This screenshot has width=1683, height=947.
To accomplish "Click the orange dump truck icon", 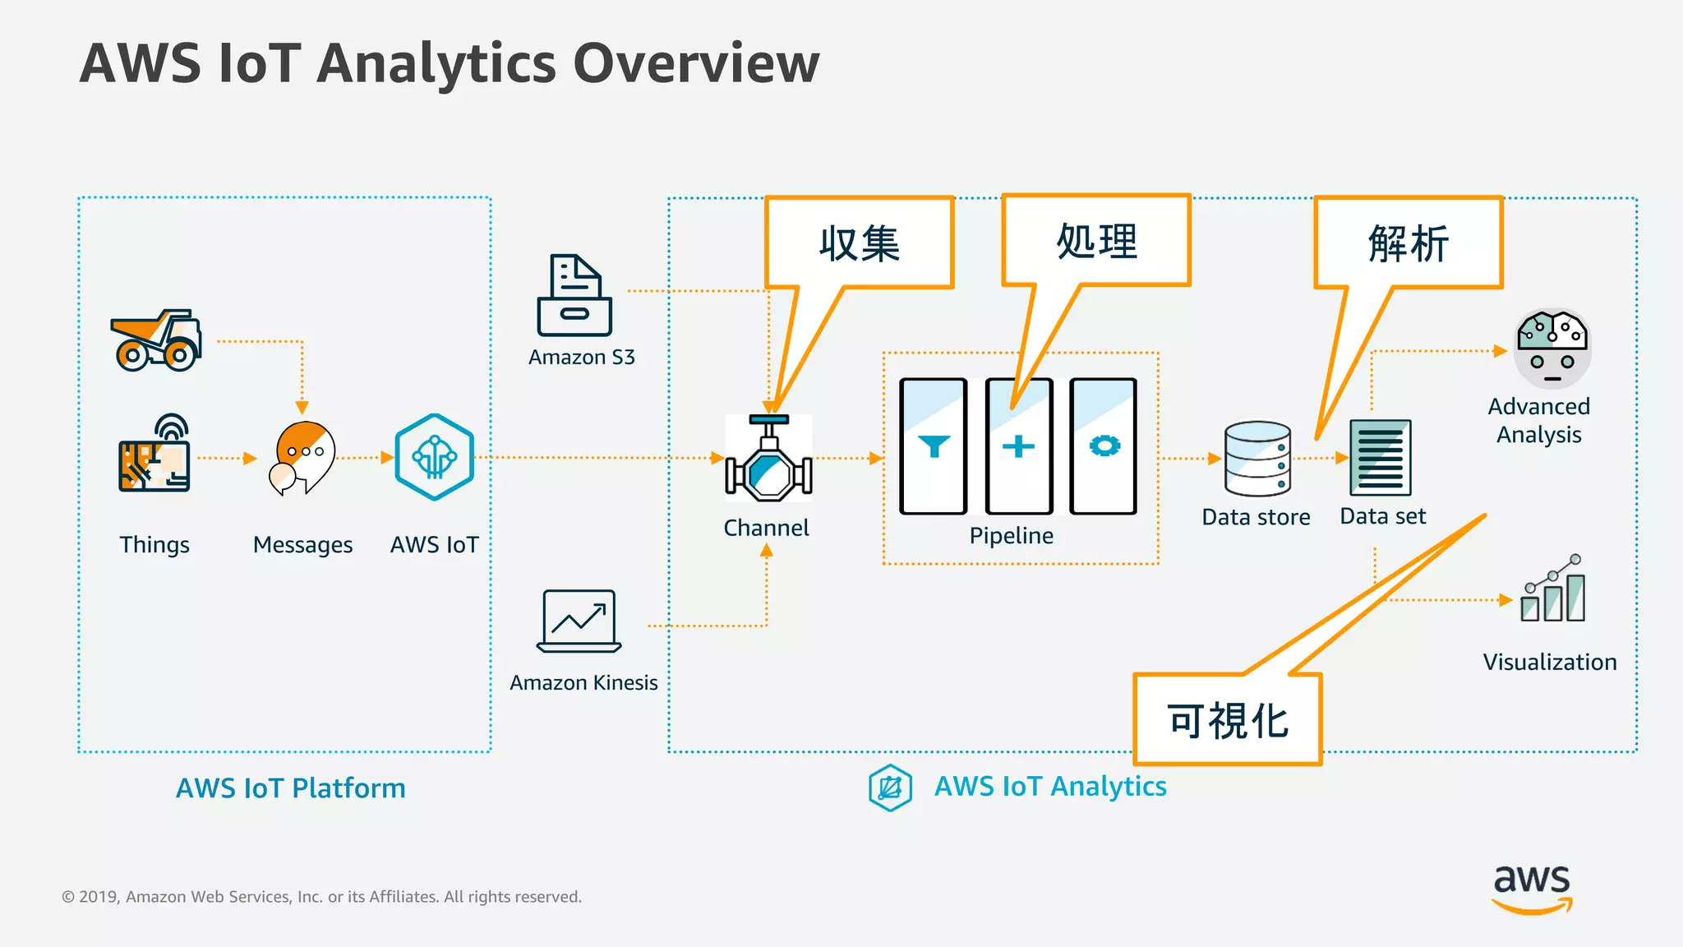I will pos(156,340).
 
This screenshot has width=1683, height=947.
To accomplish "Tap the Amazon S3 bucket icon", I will pos(574,296).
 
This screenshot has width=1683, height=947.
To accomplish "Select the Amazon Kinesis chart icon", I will pos(579,621).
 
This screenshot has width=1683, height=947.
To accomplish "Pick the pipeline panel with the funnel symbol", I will pos(934,446).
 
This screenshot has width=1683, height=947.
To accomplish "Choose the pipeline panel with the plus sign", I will pos(1019,446).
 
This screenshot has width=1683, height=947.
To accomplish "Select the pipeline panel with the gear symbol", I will pos(1104,446).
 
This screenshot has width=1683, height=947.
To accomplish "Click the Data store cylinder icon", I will pos(1257,459).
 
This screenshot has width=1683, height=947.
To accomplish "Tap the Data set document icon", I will pos(1381,457).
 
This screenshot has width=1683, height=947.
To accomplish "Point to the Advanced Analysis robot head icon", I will pos(1552,348).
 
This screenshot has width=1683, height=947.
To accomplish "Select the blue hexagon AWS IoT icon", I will pos(434,457).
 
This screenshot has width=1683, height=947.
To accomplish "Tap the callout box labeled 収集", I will pos(860,243).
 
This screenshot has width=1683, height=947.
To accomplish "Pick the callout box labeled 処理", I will pos(1096,241).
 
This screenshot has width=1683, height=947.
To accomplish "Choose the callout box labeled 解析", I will pos(1409,243).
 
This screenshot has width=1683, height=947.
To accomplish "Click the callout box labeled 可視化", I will pos(1228,720).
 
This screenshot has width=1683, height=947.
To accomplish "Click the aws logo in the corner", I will pos(1532,889).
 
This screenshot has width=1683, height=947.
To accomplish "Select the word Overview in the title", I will pos(695,63).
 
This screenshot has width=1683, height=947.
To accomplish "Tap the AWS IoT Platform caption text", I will pos(291,788).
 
